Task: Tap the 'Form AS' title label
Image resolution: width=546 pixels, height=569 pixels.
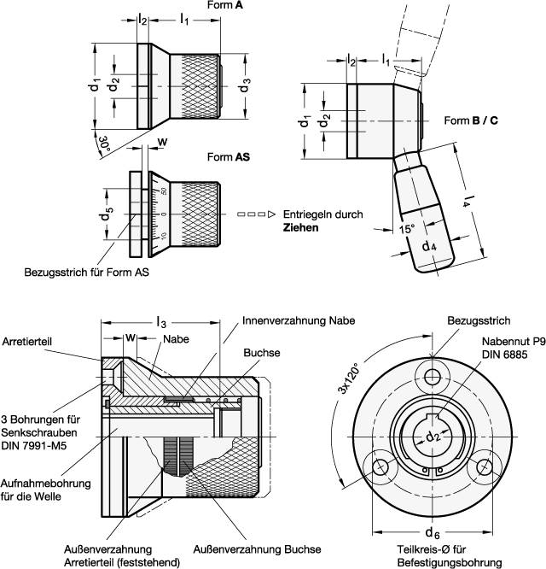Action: coord(228,158)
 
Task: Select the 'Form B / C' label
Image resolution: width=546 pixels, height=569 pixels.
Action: coord(472,120)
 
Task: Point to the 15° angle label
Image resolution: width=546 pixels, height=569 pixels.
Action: coord(386,229)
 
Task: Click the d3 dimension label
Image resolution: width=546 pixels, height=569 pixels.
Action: coord(245,85)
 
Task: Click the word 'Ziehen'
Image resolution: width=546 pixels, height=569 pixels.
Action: coord(302,228)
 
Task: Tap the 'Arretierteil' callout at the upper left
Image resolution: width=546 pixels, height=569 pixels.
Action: coord(27,340)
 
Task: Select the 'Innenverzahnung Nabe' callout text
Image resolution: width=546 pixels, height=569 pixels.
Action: coord(298,320)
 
